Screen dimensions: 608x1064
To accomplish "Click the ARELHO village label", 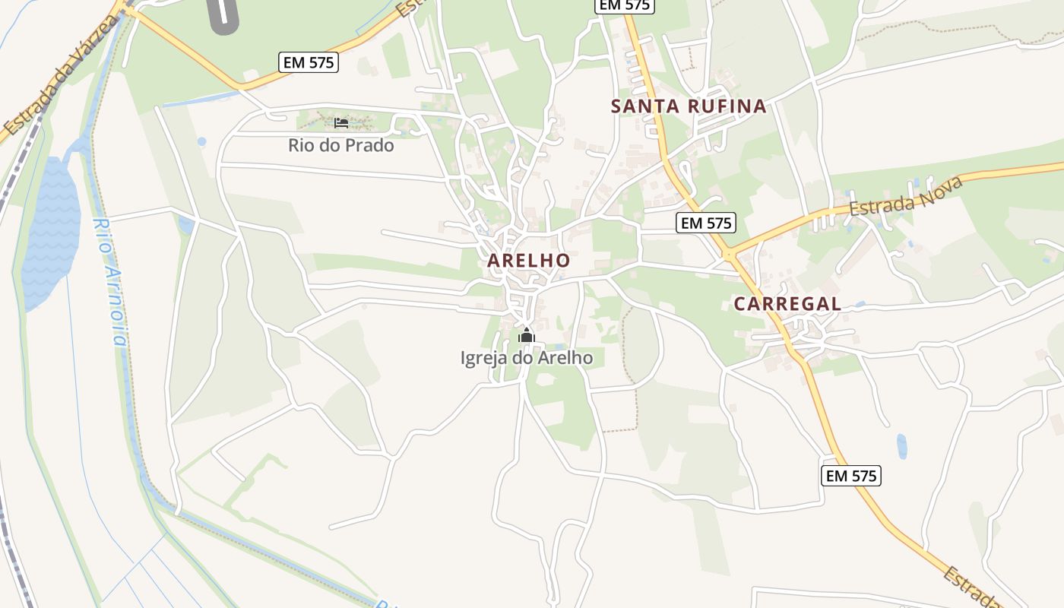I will pos(528,260).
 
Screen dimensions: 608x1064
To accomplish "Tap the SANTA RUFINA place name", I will pos(689,106).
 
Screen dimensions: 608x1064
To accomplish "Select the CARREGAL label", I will pos(787,304).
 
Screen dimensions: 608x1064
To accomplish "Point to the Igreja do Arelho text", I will pos(527,357).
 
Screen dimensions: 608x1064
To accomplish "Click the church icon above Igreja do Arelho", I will pos(527,334).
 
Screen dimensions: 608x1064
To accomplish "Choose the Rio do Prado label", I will pos(340,145).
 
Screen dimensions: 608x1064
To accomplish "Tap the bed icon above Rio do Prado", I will pos(340,122).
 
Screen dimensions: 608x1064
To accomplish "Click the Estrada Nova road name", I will pos(906,195).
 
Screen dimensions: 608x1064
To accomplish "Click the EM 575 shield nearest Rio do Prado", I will pos(309,62).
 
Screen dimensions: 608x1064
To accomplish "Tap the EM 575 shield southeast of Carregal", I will pos(851,476).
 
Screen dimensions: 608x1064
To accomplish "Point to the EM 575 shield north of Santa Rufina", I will pos(623,5).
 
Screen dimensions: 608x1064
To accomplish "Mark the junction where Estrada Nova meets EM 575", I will pos(730,255).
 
